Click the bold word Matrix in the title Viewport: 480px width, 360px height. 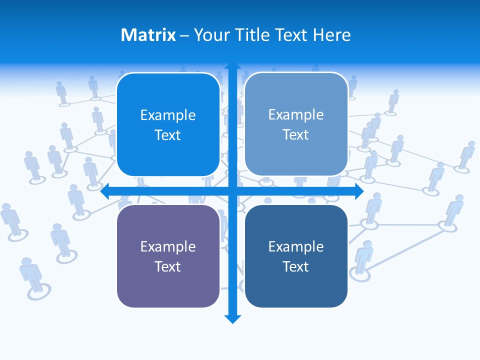(148, 35)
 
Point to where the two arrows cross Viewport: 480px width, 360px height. (232, 191)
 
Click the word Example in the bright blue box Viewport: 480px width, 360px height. (168, 115)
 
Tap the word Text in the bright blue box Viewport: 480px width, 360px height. (168, 135)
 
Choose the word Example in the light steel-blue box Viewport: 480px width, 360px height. (296, 114)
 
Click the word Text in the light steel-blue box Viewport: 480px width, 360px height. (296, 134)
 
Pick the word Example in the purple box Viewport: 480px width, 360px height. (168, 246)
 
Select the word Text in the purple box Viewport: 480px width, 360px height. (168, 266)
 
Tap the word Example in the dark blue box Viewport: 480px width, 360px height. (296, 246)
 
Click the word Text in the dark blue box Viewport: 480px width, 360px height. (296, 266)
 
